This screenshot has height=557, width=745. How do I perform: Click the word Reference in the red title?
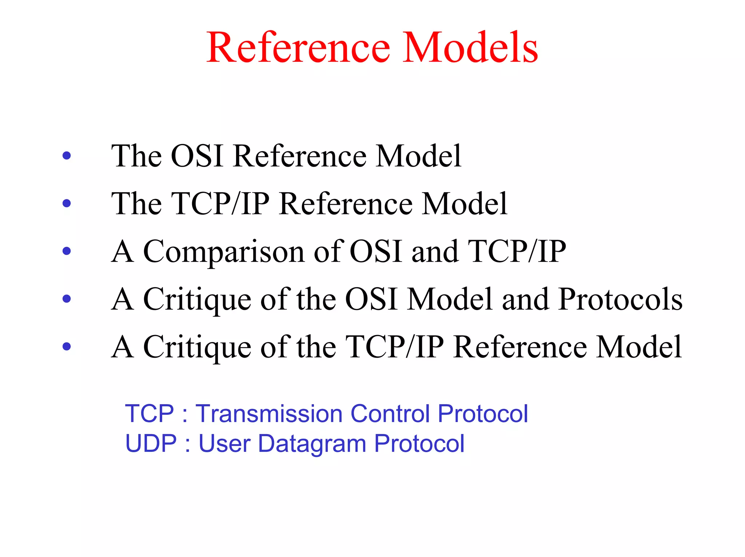pyautogui.click(x=298, y=48)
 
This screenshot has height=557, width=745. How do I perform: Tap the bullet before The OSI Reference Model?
pyautogui.click(x=67, y=156)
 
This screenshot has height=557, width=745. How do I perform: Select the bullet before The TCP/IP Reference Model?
pyautogui.click(x=67, y=203)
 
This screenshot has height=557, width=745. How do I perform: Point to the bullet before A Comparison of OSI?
pyautogui.click(x=67, y=251)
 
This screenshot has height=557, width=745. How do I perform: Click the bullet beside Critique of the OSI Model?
pyautogui.click(x=67, y=299)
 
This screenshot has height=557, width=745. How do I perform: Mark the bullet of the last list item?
pyautogui.click(x=67, y=346)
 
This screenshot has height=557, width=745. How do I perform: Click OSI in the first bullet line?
pyautogui.click(x=197, y=156)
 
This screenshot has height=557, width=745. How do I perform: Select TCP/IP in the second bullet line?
pyautogui.click(x=220, y=204)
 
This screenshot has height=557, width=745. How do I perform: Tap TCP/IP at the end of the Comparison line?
pyautogui.click(x=517, y=251)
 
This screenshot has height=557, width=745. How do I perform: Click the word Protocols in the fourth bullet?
pyautogui.click(x=620, y=299)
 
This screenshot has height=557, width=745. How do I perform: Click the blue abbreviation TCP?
pyautogui.click(x=150, y=414)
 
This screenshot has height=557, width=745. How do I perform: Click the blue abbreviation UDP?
pyautogui.click(x=151, y=443)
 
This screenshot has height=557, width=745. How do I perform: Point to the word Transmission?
pyautogui.click(x=269, y=414)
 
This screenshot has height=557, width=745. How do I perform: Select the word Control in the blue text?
pyautogui.click(x=390, y=414)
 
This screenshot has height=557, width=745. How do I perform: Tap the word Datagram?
pyautogui.click(x=312, y=444)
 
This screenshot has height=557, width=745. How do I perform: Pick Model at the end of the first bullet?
pyautogui.click(x=418, y=156)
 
